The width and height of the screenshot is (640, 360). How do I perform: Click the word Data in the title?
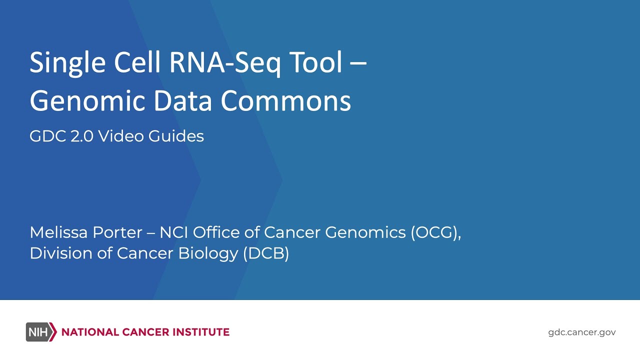point(184,101)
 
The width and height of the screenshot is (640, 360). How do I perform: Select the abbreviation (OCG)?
point(435,232)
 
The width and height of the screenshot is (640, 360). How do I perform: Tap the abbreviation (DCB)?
point(266,253)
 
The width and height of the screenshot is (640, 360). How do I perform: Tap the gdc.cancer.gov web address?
point(582,332)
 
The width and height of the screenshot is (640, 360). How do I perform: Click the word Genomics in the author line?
point(365,232)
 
